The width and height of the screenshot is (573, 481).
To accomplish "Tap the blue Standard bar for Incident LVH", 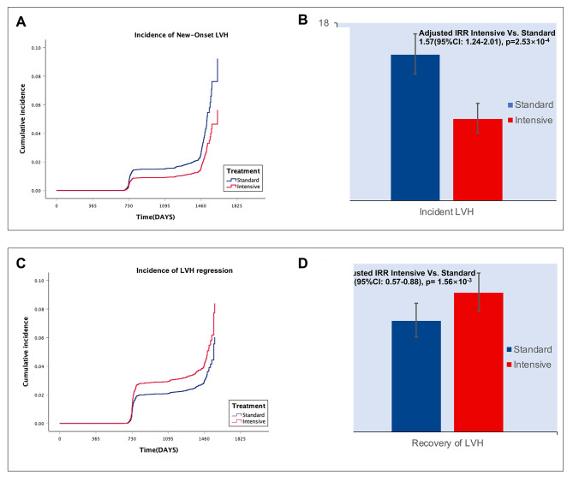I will click(415, 128).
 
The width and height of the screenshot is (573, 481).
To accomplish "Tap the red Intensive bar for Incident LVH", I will click(477, 160).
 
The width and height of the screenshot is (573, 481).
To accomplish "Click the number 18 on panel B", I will click(323, 22).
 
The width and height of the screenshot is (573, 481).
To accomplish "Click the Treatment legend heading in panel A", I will click(243, 170).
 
